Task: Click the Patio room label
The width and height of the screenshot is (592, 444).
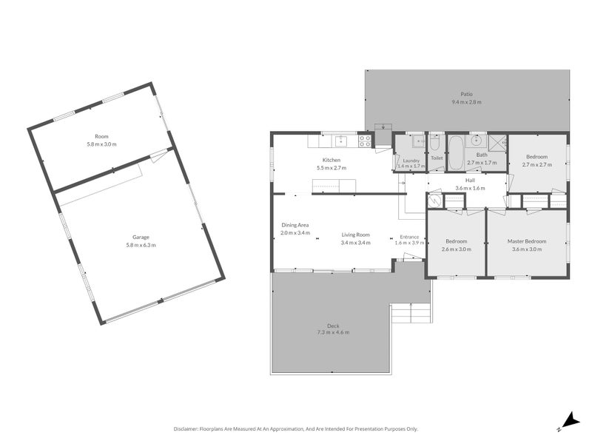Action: click(466, 94)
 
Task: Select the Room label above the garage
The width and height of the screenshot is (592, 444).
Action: click(101, 136)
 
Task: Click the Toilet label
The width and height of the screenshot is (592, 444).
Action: click(437, 158)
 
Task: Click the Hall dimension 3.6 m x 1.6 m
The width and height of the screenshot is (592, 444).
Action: click(470, 188)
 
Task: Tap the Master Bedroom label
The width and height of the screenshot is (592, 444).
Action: click(526, 241)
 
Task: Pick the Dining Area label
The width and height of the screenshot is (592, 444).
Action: click(295, 225)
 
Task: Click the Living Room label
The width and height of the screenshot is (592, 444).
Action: click(355, 235)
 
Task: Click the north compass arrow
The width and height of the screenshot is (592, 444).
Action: click(568, 421)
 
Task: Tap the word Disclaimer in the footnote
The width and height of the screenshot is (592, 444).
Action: click(190, 428)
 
